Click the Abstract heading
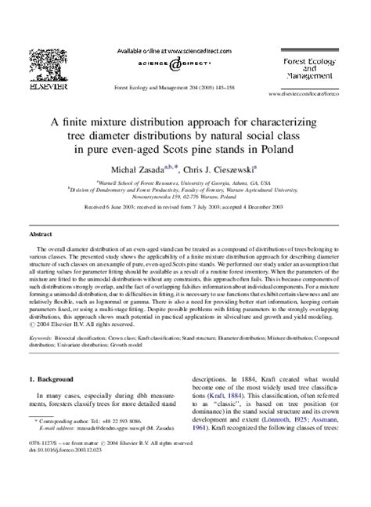pyautogui.click(x=41, y=234)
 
